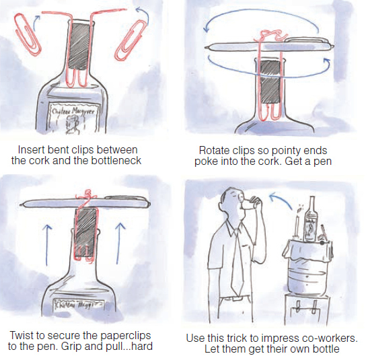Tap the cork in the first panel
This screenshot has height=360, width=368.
pos(80,46)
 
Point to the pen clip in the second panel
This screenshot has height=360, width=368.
pos(306,40)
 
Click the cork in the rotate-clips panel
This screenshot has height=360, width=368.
pos(270,81)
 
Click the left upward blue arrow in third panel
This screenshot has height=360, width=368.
pos(48,245)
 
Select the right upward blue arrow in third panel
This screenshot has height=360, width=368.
pos(120,243)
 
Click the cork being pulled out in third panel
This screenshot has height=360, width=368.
pos(86,232)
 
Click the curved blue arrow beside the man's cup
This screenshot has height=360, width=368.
pos(281,199)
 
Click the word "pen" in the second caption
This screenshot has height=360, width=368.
pos(323,161)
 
